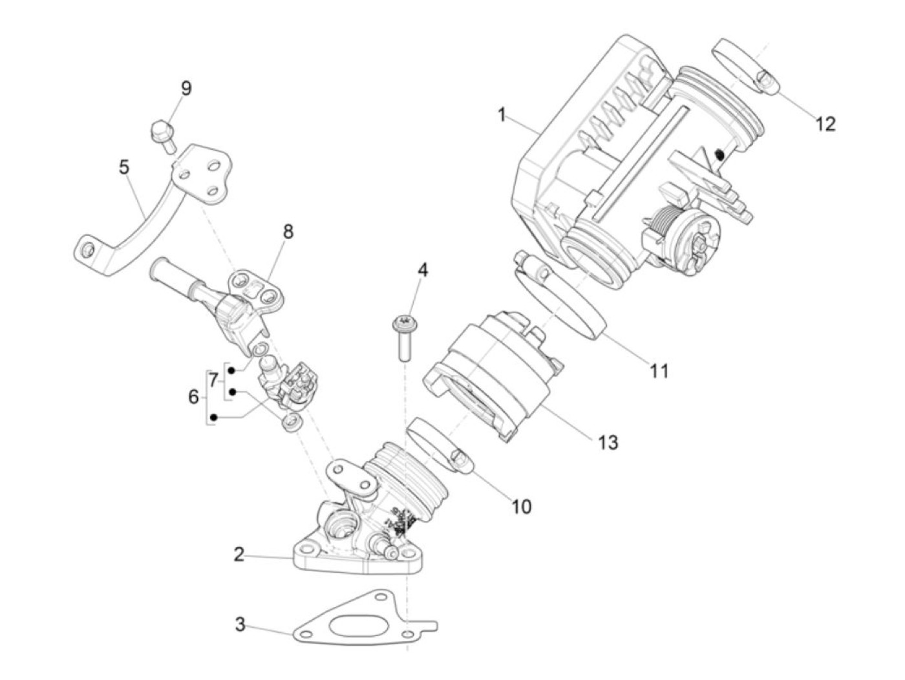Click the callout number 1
click(x=502, y=115)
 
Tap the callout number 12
click(x=825, y=123)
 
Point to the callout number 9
click(x=186, y=89)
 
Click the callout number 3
click(x=240, y=625)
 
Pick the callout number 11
click(x=659, y=371)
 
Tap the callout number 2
click(x=239, y=554)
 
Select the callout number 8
click(x=288, y=231)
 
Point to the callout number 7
click(x=214, y=381)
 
